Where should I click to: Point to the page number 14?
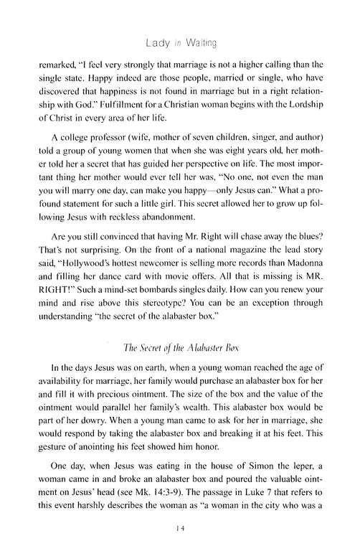point(179,530)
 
